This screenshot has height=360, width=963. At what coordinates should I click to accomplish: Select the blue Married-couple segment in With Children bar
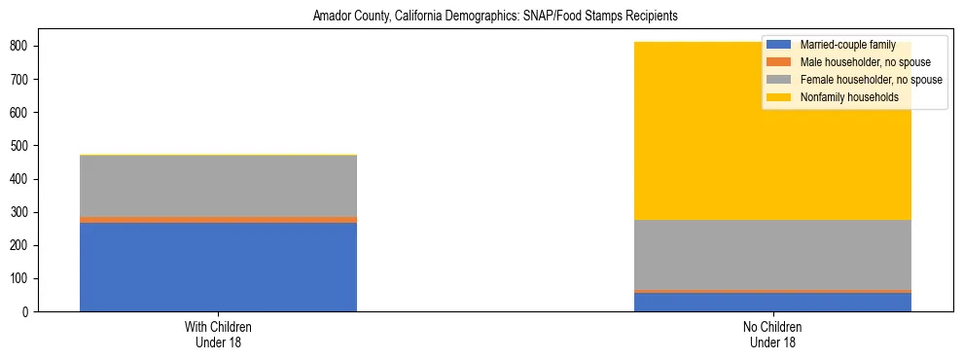click(218, 267)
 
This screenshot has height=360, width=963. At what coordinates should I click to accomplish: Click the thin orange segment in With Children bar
click(218, 220)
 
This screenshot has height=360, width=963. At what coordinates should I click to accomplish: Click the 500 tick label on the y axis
click(20, 146)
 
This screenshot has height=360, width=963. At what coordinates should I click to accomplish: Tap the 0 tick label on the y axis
click(28, 312)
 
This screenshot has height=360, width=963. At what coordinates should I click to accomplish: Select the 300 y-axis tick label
click(20, 212)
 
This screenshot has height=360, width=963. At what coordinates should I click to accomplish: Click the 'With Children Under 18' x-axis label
click(218, 335)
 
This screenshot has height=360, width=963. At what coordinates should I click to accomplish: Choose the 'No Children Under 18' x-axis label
click(772, 335)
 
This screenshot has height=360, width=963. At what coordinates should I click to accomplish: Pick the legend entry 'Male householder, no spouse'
click(865, 62)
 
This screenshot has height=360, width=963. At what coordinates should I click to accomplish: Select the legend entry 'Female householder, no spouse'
click(871, 80)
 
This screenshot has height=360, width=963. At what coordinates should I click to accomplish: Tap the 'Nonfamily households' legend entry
click(849, 97)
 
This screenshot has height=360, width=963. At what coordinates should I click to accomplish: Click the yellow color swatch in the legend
click(780, 97)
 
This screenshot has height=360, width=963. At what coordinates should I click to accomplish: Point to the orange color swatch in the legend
click(780, 62)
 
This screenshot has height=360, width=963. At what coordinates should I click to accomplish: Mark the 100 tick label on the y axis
click(20, 279)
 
